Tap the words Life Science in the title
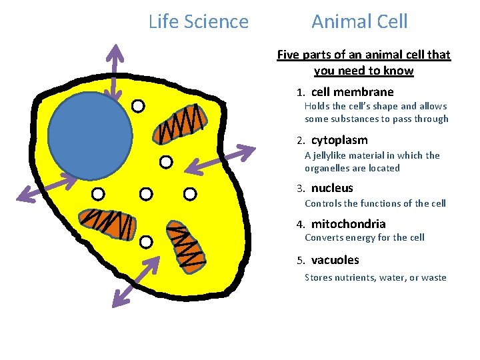click(x=198, y=22)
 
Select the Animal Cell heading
click(x=359, y=22)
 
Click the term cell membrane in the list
click(x=352, y=92)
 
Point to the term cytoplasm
click(x=339, y=140)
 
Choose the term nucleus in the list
click(x=332, y=188)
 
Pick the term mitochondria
click(x=348, y=224)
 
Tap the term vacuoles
click(x=335, y=260)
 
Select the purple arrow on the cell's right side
click(x=219, y=161)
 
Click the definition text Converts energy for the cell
click(x=364, y=237)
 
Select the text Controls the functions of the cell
click(x=375, y=203)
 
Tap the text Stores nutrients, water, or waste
click(x=375, y=277)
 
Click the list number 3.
click(x=301, y=189)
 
